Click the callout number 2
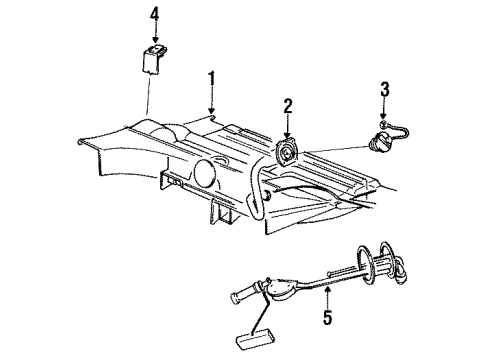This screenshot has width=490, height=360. tap(287, 106)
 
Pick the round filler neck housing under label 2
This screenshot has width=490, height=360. tap(288, 151)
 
